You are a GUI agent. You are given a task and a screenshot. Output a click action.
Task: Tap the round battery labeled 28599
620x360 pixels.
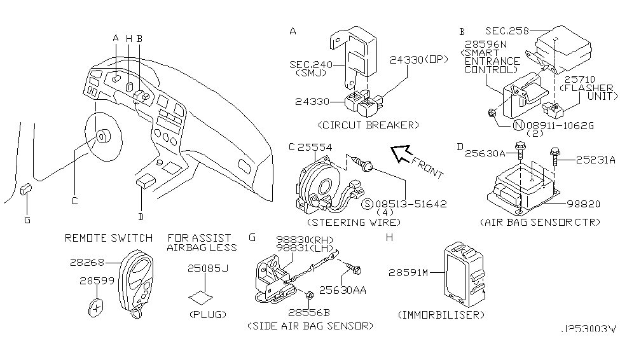pos(96,308)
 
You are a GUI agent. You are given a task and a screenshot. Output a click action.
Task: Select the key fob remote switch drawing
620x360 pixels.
pos(138,280)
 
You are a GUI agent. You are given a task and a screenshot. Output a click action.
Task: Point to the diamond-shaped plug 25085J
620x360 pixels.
pos(202,297)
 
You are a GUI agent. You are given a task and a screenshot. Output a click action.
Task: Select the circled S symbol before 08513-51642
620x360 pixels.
pos(367,204)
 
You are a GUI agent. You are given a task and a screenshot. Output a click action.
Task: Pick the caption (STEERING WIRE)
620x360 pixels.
pos(354,223)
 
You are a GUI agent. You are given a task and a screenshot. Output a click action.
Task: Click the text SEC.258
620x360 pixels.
pos(508,31)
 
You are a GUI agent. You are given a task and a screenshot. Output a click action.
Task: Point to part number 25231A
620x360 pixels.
pos(595,160)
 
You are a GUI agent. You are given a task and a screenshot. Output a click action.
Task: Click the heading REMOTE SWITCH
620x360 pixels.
pos(109,238)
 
